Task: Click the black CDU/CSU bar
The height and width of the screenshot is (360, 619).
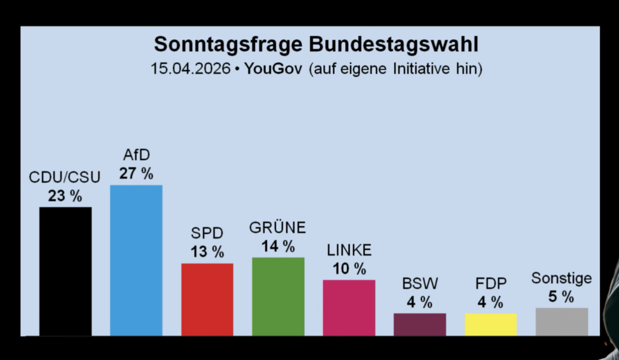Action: pyautogui.click(x=65, y=271)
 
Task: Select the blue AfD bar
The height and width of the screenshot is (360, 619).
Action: pyautogui.click(x=136, y=260)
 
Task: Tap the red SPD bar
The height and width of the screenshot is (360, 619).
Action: pyautogui.click(x=207, y=299)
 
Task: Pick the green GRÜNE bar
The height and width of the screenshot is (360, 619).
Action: pyautogui.click(x=278, y=296)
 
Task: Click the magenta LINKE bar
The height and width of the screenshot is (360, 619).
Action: pyautogui.click(x=349, y=307)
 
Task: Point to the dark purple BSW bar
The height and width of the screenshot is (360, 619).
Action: pyautogui.click(x=420, y=324)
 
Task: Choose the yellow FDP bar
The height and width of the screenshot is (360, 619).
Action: pyautogui.click(x=491, y=324)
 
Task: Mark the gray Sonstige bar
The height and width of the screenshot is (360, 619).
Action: pyautogui.click(x=562, y=321)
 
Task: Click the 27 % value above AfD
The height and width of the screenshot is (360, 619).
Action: pyautogui.click(x=136, y=174)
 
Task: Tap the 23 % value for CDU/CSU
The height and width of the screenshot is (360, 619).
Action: pyautogui.click(x=65, y=196)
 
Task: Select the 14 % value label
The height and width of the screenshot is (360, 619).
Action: pyautogui.click(x=278, y=246)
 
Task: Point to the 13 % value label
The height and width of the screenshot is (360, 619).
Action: pyautogui.click(x=207, y=252)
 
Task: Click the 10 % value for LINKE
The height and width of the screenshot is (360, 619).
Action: pyautogui.click(x=349, y=269)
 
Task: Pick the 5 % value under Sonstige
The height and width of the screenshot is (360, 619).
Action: pyautogui.click(x=562, y=297)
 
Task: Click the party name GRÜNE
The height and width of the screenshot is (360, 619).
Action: pyautogui.click(x=278, y=228)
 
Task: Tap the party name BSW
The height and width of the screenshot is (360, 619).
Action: pyautogui.click(x=420, y=283)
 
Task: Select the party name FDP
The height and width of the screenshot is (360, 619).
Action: pyautogui.click(x=491, y=283)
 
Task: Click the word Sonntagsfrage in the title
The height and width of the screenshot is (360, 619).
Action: pyautogui.click(x=230, y=44)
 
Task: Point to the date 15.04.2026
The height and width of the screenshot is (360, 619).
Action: pyautogui.click(x=191, y=68)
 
